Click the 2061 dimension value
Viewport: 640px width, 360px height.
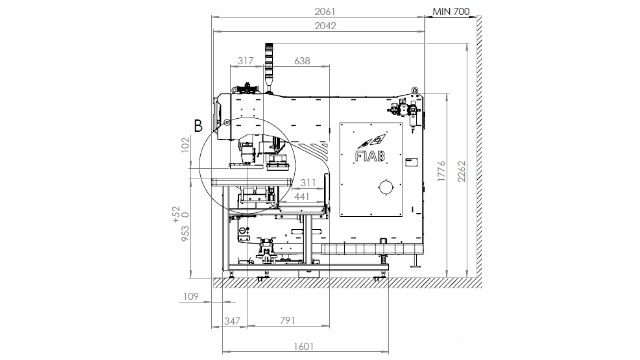click(x=325, y=12)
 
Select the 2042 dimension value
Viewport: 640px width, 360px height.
click(x=325, y=26)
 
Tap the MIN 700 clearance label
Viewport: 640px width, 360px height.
click(x=451, y=11)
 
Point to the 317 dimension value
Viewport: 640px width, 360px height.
click(x=246, y=61)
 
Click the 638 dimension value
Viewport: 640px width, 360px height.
click(x=302, y=61)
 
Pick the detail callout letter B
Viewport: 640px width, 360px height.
click(x=198, y=126)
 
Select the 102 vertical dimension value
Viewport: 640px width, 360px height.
click(x=185, y=145)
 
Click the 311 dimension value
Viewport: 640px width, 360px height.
click(x=308, y=183)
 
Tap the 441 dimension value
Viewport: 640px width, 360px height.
click(x=302, y=197)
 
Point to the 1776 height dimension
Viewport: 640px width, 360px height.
click(x=441, y=171)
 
